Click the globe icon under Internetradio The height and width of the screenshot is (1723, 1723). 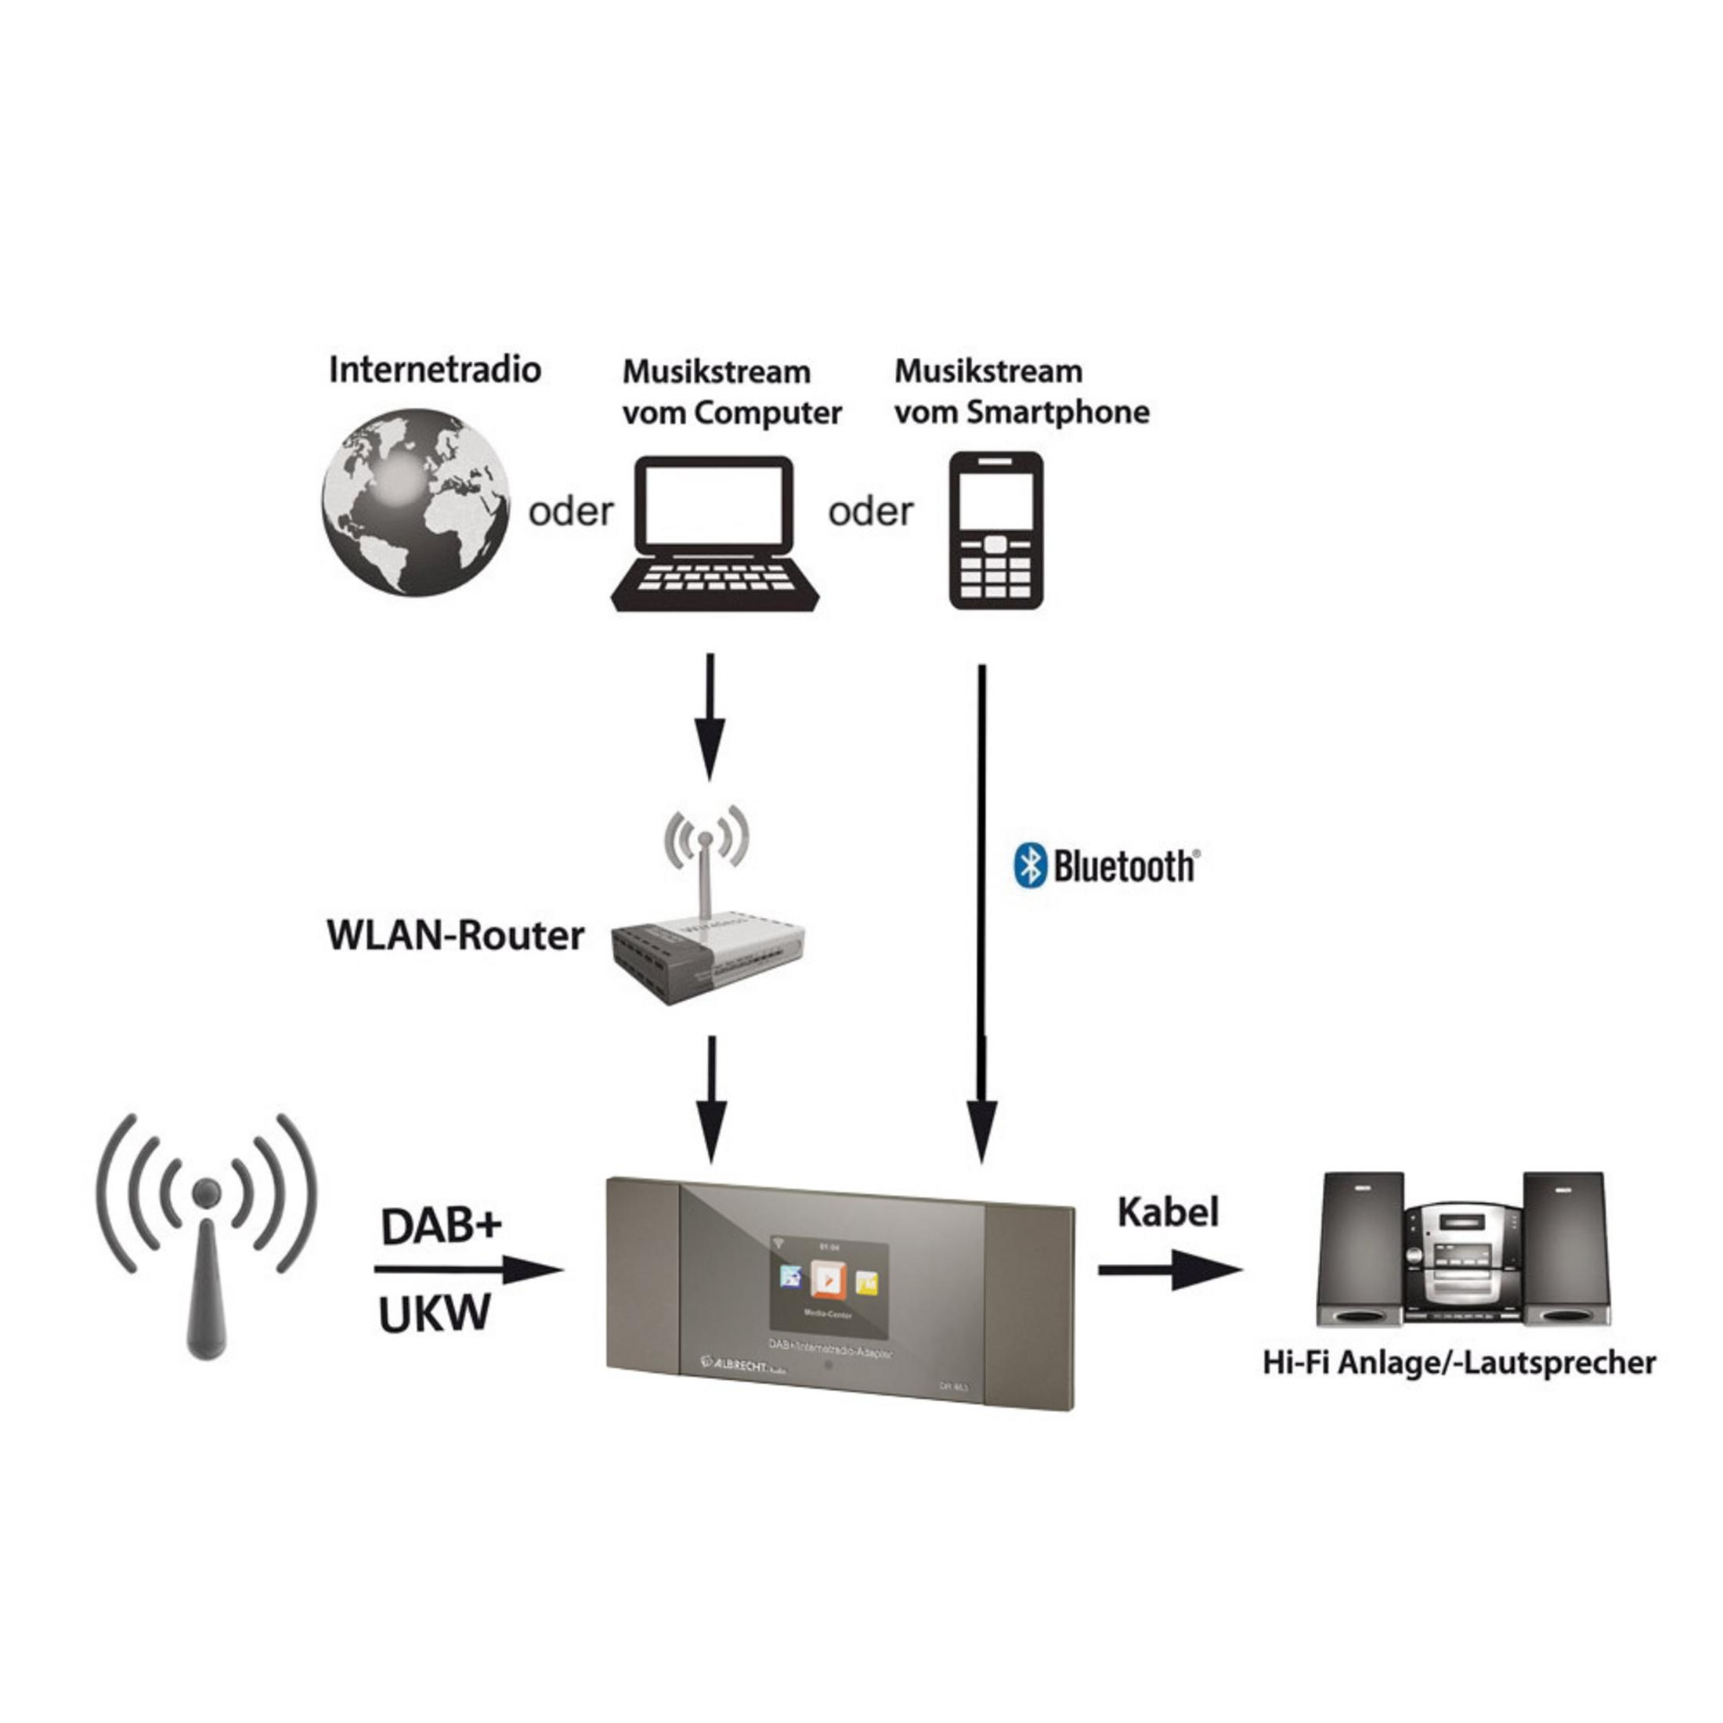(416, 502)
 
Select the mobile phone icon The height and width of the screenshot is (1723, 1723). (995, 532)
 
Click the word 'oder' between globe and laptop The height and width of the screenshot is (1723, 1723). (571, 512)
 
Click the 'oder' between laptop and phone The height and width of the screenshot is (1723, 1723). (870, 512)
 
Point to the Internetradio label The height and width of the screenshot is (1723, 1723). (435, 369)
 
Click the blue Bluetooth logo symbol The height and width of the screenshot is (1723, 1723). (1030, 865)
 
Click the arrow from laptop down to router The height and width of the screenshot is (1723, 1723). (710, 719)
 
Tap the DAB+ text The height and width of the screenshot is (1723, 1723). (442, 1227)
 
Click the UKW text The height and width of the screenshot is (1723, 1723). (435, 1313)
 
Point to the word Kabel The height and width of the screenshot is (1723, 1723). (1168, 1212)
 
